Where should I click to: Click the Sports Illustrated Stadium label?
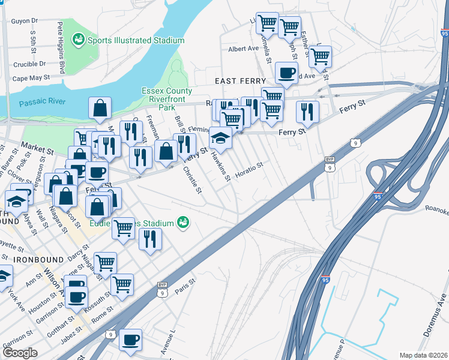point(136,41)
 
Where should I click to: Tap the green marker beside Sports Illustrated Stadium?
point(78,40)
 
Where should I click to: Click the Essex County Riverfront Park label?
point(167,96)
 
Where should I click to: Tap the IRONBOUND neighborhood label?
point(39,259)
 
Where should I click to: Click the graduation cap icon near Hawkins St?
point(220,137)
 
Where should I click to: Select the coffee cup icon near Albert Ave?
point(286,73)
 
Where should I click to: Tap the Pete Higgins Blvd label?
point(61,49)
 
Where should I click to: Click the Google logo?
point(20,353)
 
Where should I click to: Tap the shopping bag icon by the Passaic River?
point(100,108)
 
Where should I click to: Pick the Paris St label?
point(185,286)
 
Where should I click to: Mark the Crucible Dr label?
point(30,63)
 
